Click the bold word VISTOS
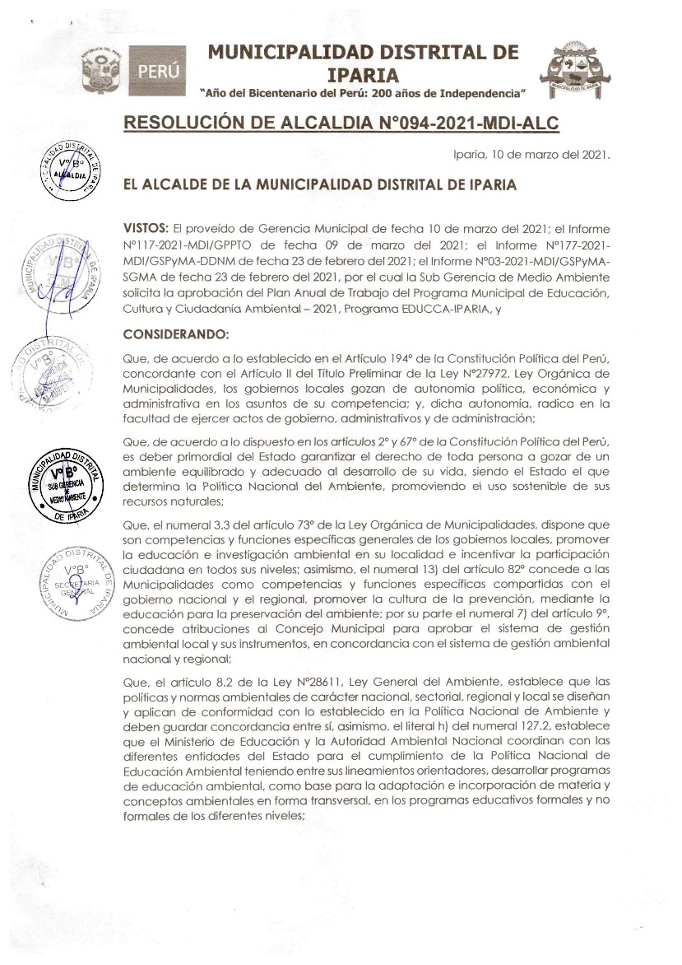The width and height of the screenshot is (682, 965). (146, 226)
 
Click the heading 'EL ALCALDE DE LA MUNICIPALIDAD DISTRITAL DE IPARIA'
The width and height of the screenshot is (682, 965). (319, 185)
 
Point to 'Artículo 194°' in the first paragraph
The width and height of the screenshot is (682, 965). (359, 360)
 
